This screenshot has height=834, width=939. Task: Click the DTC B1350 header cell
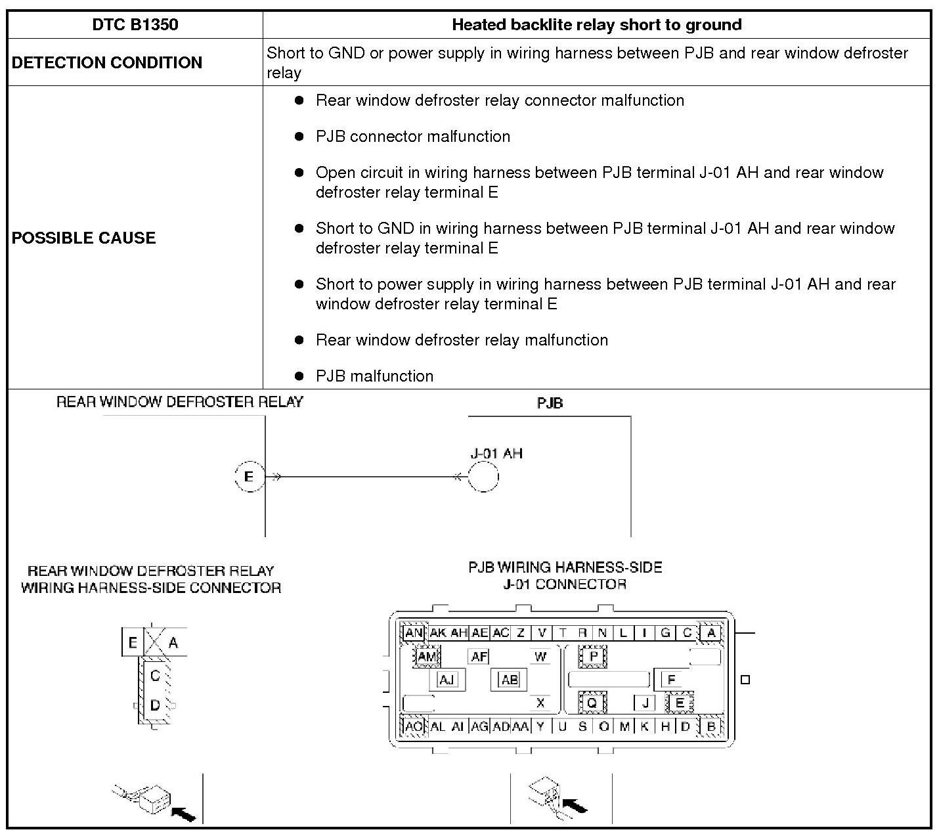click(x=135, y=25)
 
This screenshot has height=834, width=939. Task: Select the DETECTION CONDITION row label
click(x=107, y=62)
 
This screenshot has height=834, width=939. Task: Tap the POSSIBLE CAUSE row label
click(x=83, y=238)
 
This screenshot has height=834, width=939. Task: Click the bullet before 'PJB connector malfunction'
click(x=299, y=137)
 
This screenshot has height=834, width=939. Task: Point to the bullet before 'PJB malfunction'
click(x=299, y=376)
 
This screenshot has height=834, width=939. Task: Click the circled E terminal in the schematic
click(x=249, y=477)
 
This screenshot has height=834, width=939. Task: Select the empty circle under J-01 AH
click(x=483, y=477)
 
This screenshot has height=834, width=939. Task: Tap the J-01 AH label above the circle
click(x=496, y=453)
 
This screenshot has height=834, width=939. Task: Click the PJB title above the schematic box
click(x=550, y=403)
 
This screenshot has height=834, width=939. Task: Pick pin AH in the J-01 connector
click(x=459, y=633)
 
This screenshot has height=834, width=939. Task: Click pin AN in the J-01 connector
click(x=414, y=633)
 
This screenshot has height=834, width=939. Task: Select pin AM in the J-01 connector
click(x=427, y=656)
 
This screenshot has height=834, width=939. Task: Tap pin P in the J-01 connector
click(x=593, y=656)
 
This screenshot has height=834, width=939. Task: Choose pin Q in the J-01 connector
click(x=592, y=703)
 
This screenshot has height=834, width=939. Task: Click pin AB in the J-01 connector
click(x=510, y=680)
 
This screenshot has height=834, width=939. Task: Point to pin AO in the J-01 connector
click(x=414, y=726)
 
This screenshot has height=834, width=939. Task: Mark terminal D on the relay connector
click(x=155, y=706)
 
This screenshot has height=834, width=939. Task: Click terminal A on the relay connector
click(x=173, y=642)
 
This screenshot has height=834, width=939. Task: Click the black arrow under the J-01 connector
click(x=575, y=805)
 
